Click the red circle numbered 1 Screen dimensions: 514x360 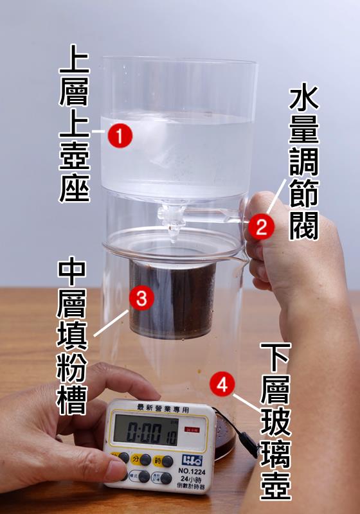(120, 136)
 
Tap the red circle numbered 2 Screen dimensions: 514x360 (262, 227)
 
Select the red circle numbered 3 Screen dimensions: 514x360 (141, 298)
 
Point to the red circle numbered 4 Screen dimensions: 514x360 (222, 385)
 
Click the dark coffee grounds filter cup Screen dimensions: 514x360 (172, 299)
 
